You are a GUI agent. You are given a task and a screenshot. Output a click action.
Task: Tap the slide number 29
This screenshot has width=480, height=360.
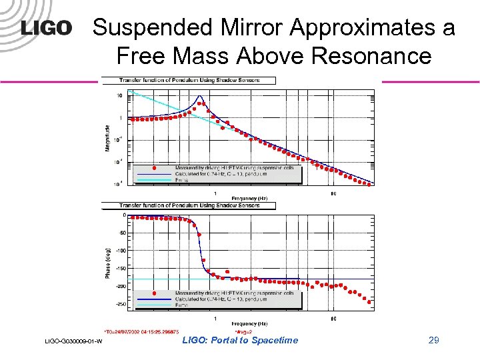434,341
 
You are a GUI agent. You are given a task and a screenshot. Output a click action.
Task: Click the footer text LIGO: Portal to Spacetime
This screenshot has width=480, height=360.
240,341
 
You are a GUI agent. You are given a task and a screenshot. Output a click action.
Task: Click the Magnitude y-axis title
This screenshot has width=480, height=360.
108,137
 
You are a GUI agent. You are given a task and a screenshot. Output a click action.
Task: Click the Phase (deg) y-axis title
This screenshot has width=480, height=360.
108,261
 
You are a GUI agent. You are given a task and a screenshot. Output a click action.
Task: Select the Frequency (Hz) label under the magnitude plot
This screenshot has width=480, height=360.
249,198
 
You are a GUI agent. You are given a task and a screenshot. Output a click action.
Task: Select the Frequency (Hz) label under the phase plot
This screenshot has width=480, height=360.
249,323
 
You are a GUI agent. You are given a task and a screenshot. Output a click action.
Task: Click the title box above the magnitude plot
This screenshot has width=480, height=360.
197,81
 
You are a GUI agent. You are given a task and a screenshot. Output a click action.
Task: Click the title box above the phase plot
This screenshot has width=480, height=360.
197,205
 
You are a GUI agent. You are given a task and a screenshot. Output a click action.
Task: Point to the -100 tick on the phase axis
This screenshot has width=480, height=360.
121,251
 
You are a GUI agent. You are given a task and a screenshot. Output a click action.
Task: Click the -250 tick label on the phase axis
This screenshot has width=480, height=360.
121,304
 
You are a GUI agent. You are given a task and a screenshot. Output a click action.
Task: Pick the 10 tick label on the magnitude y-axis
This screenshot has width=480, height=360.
119,96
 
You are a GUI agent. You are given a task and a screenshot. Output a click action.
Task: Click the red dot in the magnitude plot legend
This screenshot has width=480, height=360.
154,169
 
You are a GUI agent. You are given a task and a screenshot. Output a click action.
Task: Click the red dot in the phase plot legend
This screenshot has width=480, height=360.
154,293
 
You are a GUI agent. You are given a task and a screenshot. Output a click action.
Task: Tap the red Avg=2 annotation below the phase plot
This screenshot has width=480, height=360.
243,331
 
